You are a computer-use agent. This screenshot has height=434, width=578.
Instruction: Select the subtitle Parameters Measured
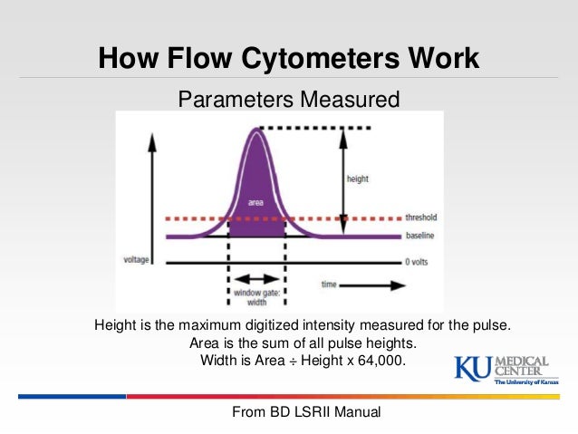[288, 98]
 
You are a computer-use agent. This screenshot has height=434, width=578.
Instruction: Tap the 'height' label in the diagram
[359, 179]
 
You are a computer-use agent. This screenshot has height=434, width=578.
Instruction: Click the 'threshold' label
[421, 217]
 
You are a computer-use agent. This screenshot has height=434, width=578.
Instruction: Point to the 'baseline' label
[419, 236]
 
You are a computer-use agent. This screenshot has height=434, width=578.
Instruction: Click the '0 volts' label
[418, 263]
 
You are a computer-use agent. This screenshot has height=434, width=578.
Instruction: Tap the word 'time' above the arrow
[331, 284]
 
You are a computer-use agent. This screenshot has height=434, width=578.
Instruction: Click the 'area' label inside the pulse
[255, 190]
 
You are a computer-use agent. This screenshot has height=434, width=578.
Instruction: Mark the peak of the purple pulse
[257, 130]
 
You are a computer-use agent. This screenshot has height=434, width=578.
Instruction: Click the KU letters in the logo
[471, 369]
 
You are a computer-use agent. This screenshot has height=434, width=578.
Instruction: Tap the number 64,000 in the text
[375, 360]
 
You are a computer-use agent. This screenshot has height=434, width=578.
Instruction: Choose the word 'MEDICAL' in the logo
[520, 359]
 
